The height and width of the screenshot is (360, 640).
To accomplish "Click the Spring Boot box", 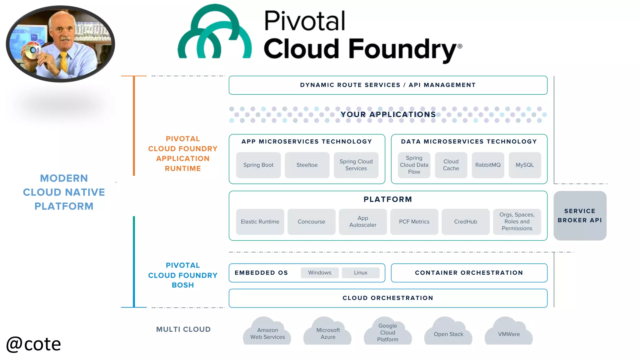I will pyautogui.click(x=258, y=165).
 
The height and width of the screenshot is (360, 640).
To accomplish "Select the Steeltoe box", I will pyautogui.click(x=307, y=165).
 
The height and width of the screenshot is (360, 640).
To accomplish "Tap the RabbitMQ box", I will pyautogui.click(x=487, y=165).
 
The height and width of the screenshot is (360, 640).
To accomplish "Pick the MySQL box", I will pyautogui.click(x=525, y=165).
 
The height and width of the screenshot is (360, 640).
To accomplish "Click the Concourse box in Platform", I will pyautogui.click(x=311, y=222).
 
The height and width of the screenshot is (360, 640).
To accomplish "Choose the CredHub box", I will pyautogui.click(x=465, y=222).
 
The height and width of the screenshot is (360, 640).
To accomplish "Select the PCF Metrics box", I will pyautogui.click(x=414, y=222).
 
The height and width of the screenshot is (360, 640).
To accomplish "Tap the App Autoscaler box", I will pyautogui.click(x=362, y=222).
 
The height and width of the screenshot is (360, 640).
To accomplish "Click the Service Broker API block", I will pyautogui.click(x=580, y=216).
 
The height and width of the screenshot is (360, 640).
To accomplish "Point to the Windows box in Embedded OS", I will pyautogui.click(x=319, y=272).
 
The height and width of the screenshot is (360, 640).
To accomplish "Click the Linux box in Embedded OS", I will pyautogui.click(x=360, y=272).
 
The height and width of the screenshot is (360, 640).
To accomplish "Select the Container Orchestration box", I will pyautogui.click(x=469, y=273).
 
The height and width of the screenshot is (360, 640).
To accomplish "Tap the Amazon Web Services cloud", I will pyautogui.click(x=267, y=333).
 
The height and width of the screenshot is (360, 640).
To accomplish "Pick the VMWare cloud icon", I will pyautogui.click(x=509, y=333).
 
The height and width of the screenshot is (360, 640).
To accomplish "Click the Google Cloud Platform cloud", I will pyautogui.click(x=387, y=332).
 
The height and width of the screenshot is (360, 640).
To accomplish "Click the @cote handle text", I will pyautogui.click(x=33, y=344).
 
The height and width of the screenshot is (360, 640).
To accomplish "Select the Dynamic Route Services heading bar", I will pyautogui.click(x=387, y=85).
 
